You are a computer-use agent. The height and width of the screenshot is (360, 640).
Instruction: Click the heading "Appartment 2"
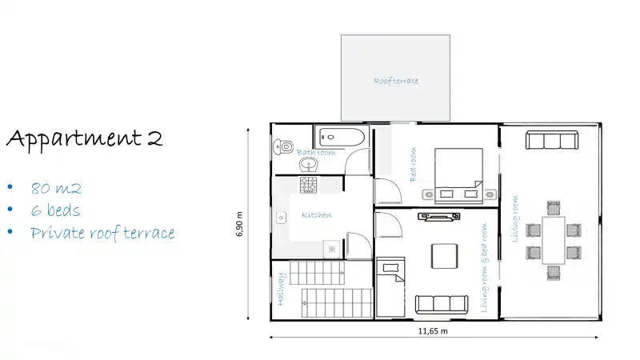pos(85,138)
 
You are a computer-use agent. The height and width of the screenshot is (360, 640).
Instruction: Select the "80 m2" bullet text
pos(57,189)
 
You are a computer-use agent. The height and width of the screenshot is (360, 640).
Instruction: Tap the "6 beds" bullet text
pos(56,211)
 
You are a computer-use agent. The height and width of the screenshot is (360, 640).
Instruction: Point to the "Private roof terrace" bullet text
pos(102,234)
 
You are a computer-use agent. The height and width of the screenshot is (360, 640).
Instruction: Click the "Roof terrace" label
pos(396,81)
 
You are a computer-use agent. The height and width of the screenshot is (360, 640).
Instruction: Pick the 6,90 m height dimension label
pos(241,222)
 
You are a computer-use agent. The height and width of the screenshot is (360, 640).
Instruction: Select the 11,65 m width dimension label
pos(433,330)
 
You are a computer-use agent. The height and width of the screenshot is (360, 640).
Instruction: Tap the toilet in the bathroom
pos(282,146)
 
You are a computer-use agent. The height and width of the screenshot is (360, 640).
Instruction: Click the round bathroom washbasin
pos(309,165)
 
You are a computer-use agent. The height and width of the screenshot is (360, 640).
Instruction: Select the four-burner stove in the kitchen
pos(310,186)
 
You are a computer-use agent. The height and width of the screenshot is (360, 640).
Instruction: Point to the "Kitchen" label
pos(317,214)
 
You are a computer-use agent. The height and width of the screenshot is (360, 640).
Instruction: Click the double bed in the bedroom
pos(458,172)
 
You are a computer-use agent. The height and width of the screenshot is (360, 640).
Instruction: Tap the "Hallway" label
pos(281,290)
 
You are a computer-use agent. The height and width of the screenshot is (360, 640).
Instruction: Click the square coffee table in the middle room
pos(445,256)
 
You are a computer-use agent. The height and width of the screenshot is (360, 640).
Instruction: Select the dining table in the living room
pos(553,240)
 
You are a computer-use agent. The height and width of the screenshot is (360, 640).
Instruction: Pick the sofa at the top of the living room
pos(551,141)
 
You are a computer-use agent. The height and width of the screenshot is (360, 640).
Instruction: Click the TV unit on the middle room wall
pos(439,215)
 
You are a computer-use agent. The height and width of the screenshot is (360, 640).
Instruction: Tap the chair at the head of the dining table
pos(553,273)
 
